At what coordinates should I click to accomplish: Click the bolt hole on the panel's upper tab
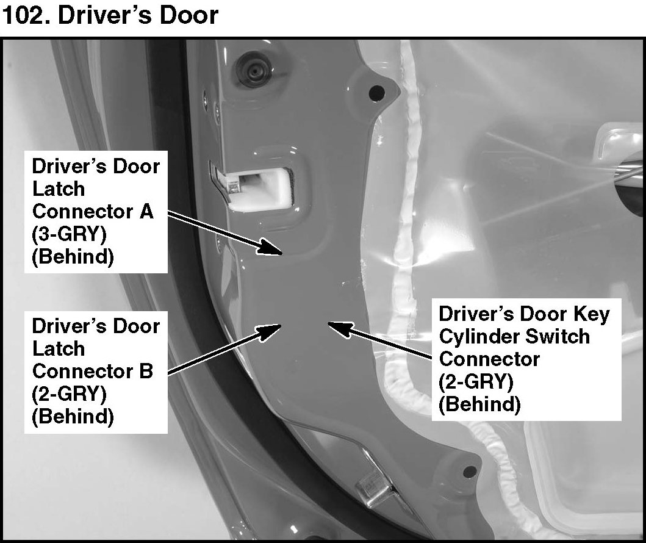[x=377, y=93]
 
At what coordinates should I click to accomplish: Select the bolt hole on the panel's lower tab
[x=468, y=471]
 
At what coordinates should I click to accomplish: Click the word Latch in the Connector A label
[x=59, y=189]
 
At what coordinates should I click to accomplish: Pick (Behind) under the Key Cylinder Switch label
[x=479, y=404]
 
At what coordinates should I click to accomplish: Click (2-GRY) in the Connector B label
[x=69, y=394]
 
